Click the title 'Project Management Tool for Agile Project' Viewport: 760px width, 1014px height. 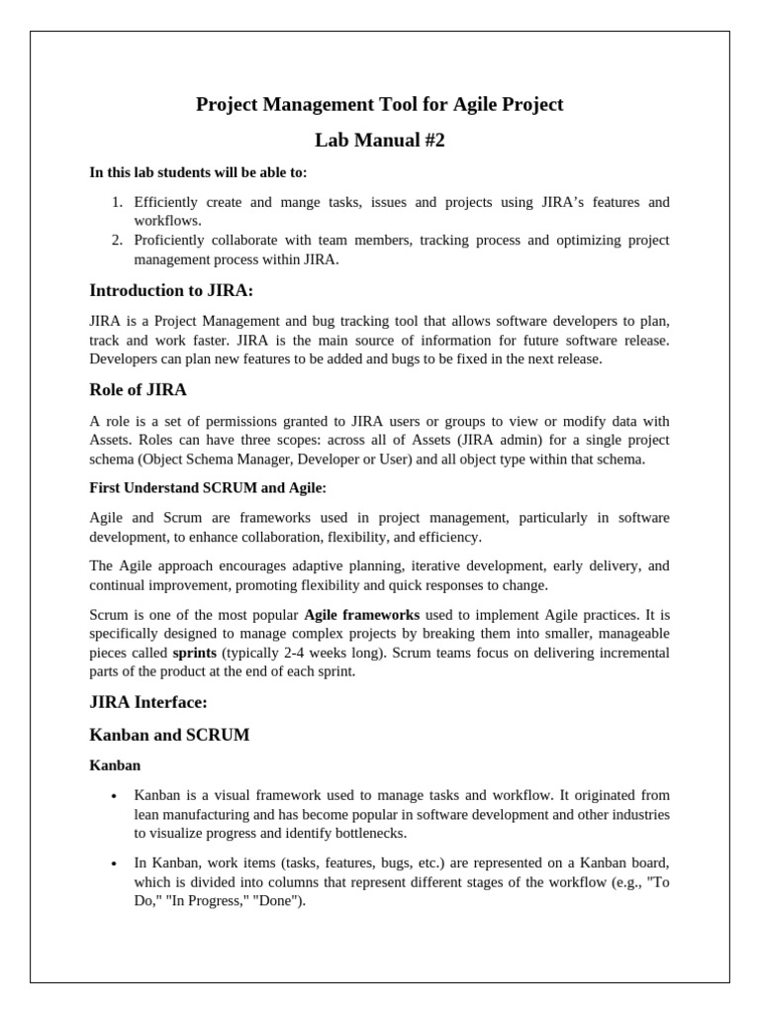coord(380,104)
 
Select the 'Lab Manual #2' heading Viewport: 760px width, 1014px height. coord(380,141)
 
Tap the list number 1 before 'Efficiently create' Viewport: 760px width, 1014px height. coord(116,202)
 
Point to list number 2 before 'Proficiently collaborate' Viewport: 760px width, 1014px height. coord(116,241)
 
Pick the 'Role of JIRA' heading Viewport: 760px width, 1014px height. coord(138,389)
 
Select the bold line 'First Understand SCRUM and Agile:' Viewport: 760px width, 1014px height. coord(207,488)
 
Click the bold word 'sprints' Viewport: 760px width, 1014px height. coord(195,654)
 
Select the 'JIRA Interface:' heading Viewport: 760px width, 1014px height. coord(148,702)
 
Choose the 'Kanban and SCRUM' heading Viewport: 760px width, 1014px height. coord(169,735)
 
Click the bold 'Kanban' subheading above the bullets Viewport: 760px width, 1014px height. coord(115,765)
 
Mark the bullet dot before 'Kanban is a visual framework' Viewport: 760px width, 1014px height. coord(116,795)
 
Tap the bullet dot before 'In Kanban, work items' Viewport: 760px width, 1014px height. coord(116,862)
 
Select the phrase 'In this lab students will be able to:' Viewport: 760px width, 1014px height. coord(198,172)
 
